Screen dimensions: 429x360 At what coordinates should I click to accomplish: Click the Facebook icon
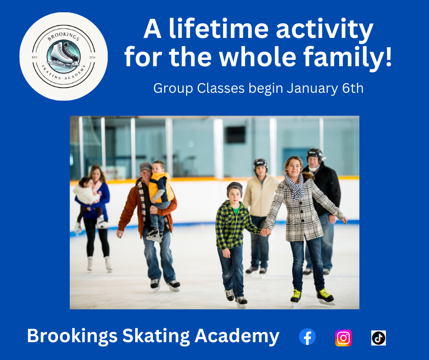[x=307, y=337]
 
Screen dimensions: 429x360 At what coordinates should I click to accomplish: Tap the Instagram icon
[x=343, y=338]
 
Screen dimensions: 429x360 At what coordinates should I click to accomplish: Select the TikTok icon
[x=379, y=338]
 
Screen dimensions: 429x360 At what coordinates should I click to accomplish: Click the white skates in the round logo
[x=63, y=55]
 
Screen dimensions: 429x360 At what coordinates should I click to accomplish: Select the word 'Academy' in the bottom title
[x=237, y=336]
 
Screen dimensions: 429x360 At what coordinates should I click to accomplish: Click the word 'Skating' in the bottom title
[x=156, y=336]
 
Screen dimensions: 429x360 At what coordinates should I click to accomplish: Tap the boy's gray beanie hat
[x=235, y=188]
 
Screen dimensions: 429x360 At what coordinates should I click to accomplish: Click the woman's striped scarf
[x=295, y=186]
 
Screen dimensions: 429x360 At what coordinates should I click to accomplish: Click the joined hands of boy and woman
[x=265, y=232]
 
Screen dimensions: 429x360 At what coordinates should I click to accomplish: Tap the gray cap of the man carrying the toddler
[x=145, y=166]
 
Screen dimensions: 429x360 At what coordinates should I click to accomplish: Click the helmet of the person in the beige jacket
[x=260, y=163]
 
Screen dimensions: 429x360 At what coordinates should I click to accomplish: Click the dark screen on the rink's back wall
[x=235, y=134]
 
